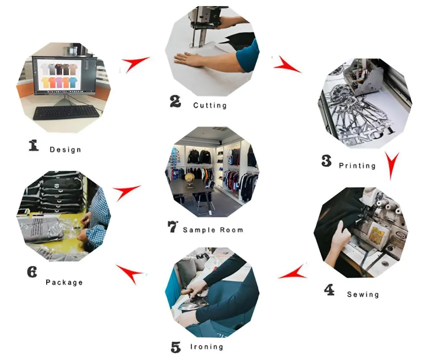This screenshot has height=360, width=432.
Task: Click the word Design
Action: [65, 150]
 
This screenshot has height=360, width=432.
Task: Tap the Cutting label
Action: [210, 105]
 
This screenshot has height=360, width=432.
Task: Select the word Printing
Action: [357, 166]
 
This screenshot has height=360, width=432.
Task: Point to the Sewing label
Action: [363, 294]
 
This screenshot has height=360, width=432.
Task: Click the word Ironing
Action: [206, 347]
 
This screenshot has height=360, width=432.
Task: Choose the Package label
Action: [64, 282]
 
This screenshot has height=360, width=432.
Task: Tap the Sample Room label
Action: [213, 230]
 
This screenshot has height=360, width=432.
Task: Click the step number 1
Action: [34, 145]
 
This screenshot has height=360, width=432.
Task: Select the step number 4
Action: [329, 290]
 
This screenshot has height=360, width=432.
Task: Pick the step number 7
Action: [172, 226]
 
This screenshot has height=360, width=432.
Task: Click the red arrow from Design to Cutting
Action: [134, 64]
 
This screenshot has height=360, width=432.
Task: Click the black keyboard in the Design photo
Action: [66, 112]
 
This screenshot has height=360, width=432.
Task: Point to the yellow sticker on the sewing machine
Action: [377, 234]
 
